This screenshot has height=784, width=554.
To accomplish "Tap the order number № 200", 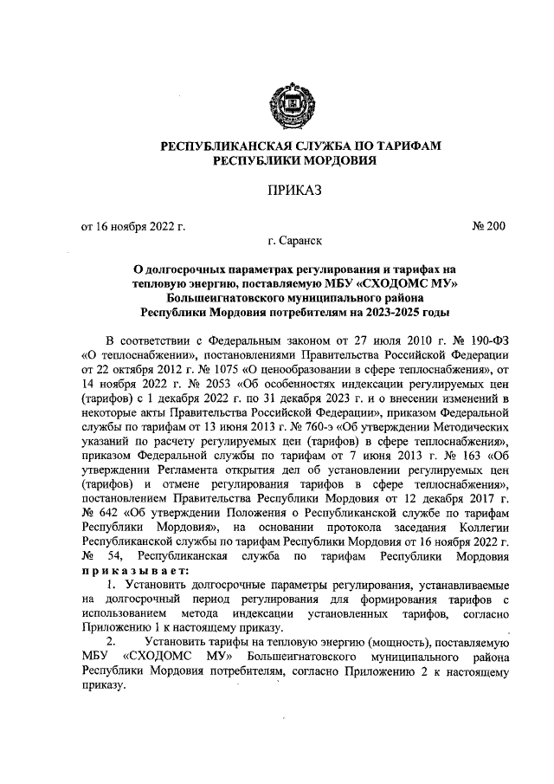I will (488, 227).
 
